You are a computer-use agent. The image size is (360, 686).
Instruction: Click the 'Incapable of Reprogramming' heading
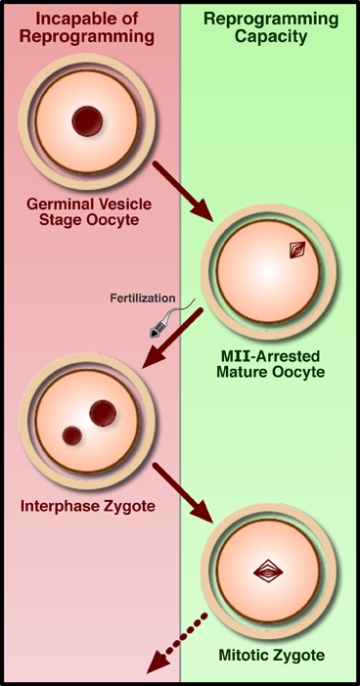[x=89, y=27]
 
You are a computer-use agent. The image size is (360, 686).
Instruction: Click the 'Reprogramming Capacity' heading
[x=270, y=27]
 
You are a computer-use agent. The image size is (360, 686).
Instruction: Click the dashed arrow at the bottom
[x=175, y=645]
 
